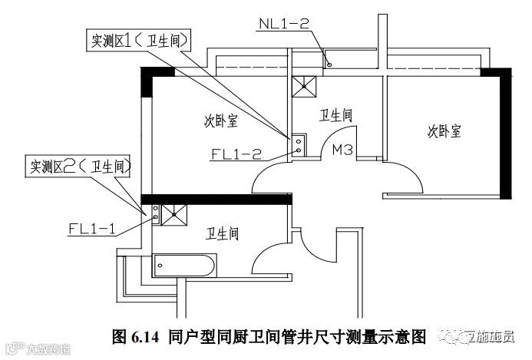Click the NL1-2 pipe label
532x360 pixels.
coord(283,25)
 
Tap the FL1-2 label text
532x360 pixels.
coord(236,153)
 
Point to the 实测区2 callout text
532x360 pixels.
coord(80,165)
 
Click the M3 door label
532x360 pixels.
coord(342,151)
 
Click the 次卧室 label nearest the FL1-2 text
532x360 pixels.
coord(220,120)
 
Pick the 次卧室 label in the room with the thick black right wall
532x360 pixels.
coord(444,131)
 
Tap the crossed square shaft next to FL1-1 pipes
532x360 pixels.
coord(174,213)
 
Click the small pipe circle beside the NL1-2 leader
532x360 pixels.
coord(329,64)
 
